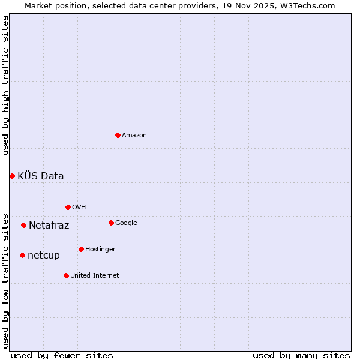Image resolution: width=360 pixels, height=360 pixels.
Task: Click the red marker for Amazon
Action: coord(118,135)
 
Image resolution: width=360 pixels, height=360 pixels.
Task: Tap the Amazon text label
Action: coord(134,136)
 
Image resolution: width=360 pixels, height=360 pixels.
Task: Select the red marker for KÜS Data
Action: coord(12,176)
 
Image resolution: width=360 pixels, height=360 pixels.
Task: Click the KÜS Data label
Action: coord(41,176)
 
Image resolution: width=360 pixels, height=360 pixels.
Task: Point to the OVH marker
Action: coord(68,207)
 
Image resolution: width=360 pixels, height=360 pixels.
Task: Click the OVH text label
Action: coord(79,208)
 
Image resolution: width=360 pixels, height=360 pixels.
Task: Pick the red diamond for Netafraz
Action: coord(23,225)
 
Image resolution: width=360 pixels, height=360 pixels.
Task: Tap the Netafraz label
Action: coord(49,226)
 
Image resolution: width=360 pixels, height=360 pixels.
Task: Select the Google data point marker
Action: coord(111,223)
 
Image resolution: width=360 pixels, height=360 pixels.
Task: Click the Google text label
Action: coord(126,223)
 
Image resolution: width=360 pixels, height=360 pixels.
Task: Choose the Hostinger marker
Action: coord(81,249)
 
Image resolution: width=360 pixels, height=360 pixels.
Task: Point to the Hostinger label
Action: coord(100,250)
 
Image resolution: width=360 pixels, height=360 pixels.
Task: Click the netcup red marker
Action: coord(22,255)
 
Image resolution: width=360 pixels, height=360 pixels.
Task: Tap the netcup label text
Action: coord(44,256)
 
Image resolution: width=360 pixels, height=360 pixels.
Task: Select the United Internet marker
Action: coord(66,275)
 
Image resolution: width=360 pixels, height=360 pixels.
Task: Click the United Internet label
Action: coord(94,276)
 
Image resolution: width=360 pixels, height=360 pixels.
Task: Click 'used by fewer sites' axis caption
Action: coord(62,356)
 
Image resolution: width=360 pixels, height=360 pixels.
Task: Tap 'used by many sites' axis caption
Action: coord(301,356)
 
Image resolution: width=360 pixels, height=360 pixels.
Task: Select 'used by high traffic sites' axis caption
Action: coord(5,86)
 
